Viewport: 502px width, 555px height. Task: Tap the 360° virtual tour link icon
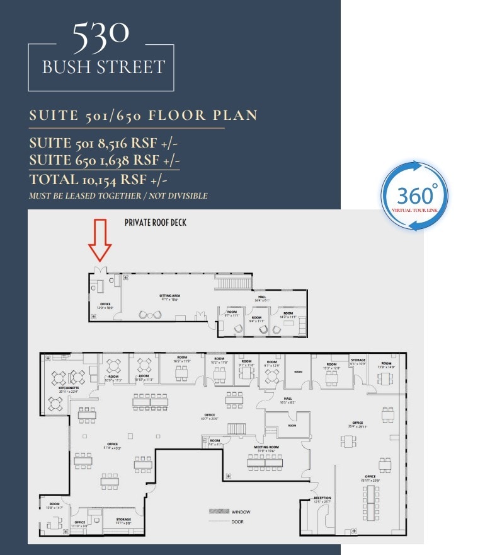pyautogui.click(x=414, y=196)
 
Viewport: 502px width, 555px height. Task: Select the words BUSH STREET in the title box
pyautogui.click(x=103, y=66)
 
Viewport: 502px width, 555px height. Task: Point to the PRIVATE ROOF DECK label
pyautogui.click(x=156, y=222)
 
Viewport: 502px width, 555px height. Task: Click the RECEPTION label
pyautogui.click(x=322, y=498)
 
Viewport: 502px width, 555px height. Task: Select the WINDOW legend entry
pyautogui.click(x=241, y=511)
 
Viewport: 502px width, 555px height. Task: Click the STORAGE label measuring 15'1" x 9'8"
pyautogui.click(x=123, y=521)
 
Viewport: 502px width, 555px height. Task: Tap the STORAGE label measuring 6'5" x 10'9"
pyautogui.click(x=358, y=361)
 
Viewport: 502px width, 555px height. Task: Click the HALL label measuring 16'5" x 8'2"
pyautogui.click(x=288, y=399)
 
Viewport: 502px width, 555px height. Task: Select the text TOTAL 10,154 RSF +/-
pyautogui.click(x=94, y=179)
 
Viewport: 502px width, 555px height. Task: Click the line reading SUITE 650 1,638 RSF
pyautogui.click(x=105, y=161)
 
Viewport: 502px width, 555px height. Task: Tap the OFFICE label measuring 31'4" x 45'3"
pyautogui.click(x=113, y=445)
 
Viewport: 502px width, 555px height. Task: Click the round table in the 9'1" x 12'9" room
pyautogui.click(x=272, y=375)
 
